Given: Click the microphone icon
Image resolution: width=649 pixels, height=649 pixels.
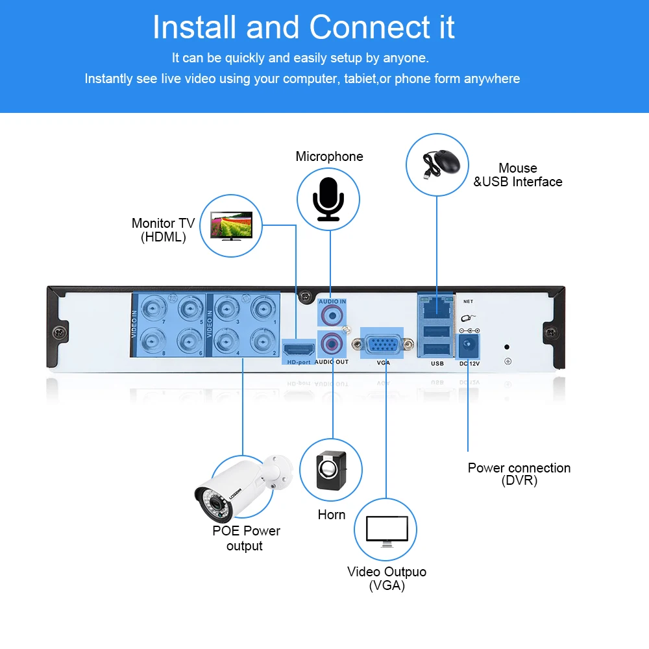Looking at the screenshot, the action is (328, 199).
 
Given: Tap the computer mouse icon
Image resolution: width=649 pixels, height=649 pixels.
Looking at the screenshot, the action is (441, 164).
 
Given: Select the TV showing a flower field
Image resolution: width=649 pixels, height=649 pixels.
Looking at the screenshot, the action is (232, 226).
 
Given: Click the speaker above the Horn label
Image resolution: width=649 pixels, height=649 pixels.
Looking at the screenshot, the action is (331, 470).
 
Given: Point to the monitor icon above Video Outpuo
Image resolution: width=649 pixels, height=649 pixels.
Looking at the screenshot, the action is (387, 531).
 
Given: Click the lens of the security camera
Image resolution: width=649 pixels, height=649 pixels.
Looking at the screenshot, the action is (215, 504).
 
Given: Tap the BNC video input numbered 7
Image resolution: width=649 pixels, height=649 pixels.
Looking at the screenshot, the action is (154, 309).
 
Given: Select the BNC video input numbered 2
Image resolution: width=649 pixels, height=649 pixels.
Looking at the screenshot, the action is (262, 341).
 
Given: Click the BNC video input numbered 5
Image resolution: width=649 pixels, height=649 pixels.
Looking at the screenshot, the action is (190, 309).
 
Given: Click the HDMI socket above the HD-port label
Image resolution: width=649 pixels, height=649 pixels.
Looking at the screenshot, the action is (299, 350).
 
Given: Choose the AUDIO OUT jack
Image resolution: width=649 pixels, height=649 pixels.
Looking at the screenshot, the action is (332, 343).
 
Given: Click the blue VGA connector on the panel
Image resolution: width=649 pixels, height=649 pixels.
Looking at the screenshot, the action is (383, 344).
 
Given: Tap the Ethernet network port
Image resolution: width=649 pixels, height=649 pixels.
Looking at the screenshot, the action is (436, 306).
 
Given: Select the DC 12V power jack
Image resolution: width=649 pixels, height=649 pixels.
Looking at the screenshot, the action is (469, 345).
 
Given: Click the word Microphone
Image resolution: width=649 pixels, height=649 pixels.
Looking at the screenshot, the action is (329, 156).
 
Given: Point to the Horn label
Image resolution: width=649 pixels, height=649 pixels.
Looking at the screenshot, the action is (332, 515).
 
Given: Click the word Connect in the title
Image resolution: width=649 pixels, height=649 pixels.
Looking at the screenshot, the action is (370, 27).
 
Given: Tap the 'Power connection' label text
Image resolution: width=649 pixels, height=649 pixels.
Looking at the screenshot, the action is (519, 468).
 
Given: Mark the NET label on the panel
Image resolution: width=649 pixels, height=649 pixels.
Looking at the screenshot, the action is (468, 301).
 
